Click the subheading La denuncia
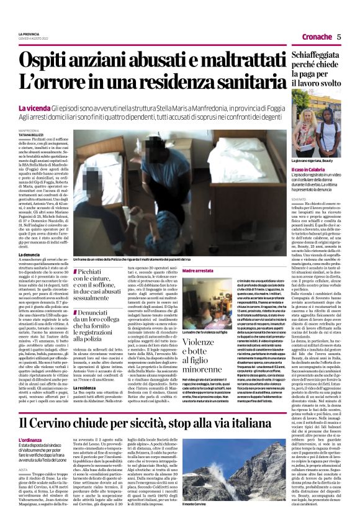click(29, 238)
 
